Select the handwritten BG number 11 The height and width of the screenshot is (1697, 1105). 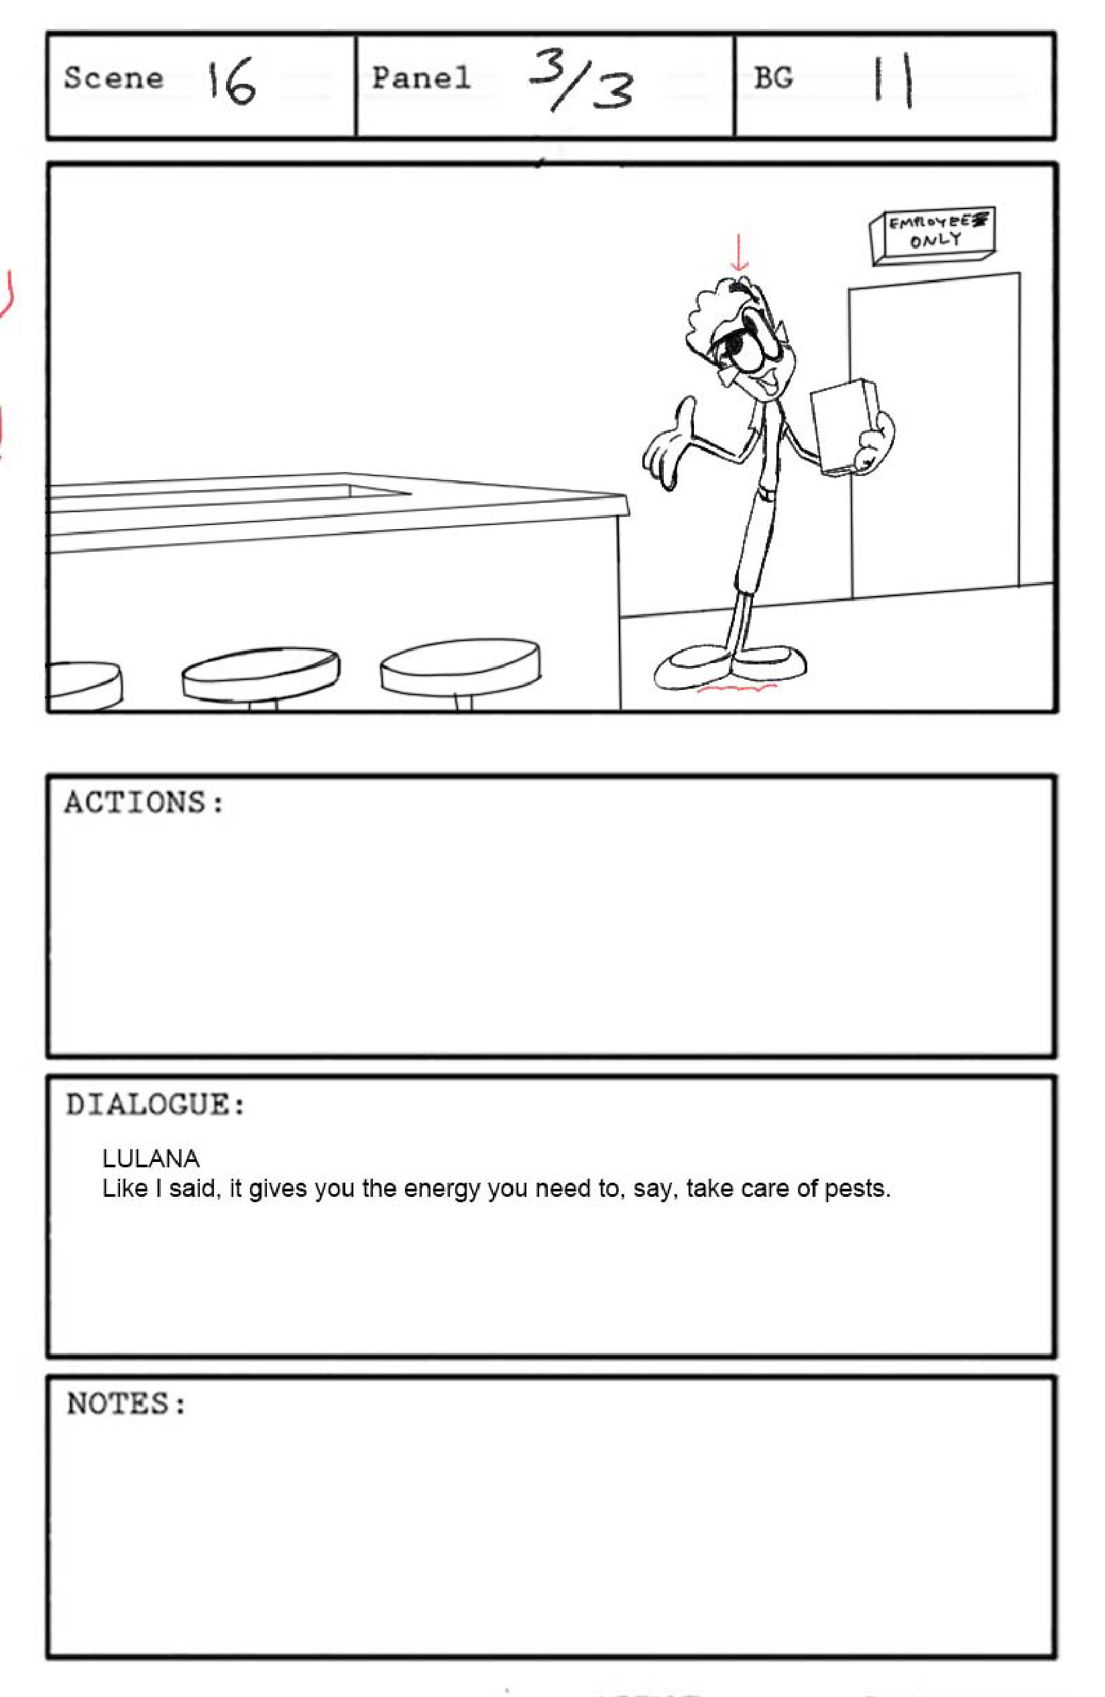(x=893, y=82)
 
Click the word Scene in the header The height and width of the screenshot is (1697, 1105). (x=114, y=78)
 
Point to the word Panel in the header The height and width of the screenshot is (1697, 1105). (x=421, y=78)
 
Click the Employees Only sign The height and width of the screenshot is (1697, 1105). (x=933, y=237)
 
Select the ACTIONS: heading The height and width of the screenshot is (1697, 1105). (x=145, y=803)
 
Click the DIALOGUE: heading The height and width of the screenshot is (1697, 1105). (x=156, y=1104)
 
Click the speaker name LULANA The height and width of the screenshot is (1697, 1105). (x=151, y=1159)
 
